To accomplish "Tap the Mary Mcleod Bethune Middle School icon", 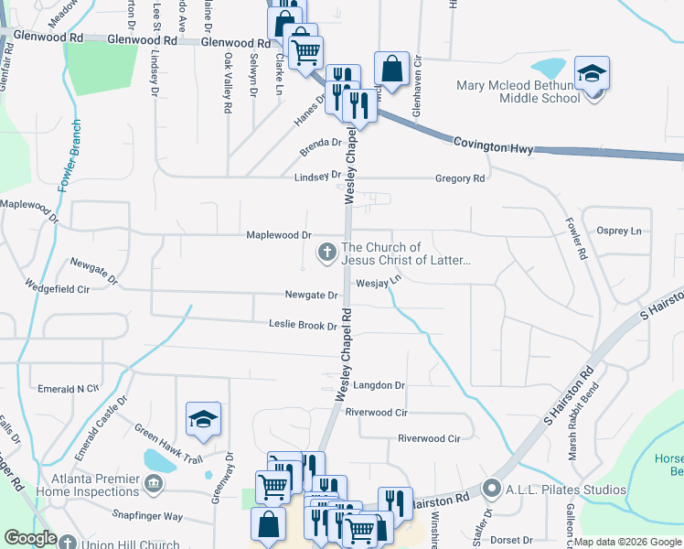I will click(592, 73).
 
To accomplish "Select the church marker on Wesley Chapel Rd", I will click(326, 252).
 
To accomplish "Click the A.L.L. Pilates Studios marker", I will click(492, 489).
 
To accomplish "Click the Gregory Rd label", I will click(460, 178).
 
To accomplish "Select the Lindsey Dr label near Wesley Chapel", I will click(317, 175).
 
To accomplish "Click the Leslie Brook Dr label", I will click(304, 325).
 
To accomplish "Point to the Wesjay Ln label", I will click(379, 283).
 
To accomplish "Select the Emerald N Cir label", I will click(68, 389).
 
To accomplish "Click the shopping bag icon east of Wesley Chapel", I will click(391, 70).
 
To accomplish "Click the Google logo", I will click(30, 538).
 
